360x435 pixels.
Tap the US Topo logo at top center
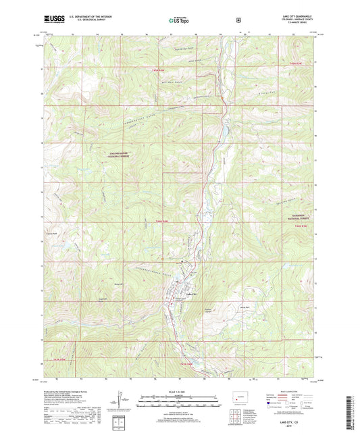pos(179,21)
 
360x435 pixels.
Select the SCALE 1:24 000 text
pos(179,392)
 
